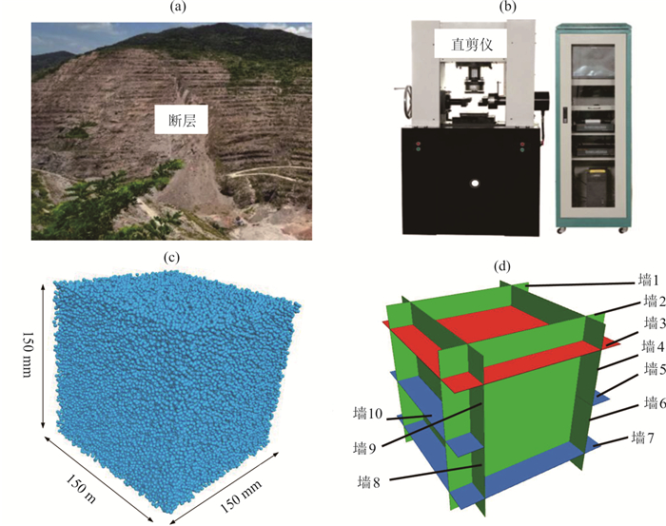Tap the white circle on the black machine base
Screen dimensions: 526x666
tap(471, 182)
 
